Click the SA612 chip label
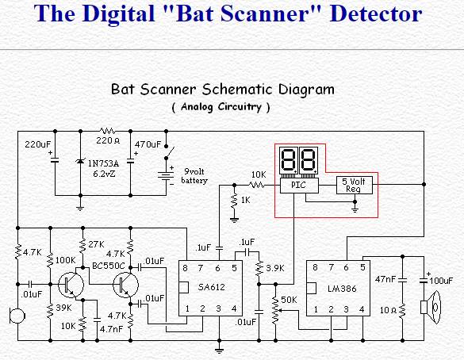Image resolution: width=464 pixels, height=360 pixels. [212, 287]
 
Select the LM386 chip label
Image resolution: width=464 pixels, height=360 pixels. [342, 289]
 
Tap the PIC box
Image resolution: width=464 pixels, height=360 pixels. [299, 186]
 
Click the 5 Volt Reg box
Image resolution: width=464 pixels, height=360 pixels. [355, 186]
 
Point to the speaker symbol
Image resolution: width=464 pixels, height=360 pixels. [431, 307]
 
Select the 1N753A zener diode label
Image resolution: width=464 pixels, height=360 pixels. [103, 163]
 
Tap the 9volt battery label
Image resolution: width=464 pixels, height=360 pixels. [194, 176]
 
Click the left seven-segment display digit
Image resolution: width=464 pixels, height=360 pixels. [289, 160]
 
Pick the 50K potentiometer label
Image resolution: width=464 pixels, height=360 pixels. [289, 300]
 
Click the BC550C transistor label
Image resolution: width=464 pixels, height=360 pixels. [109, 266]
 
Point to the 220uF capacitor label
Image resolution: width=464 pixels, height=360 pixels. [38, 144]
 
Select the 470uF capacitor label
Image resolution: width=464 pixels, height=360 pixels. [148, 144]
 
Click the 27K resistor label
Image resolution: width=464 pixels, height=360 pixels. [96, 244]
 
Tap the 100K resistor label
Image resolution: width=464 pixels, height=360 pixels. [66, 260]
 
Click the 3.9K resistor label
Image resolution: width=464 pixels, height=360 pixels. [275, 268]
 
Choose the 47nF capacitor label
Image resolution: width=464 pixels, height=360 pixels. [385, 279]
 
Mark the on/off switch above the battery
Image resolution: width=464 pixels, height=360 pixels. [169, 152]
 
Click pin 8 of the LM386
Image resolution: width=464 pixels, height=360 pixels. [315, 267]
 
